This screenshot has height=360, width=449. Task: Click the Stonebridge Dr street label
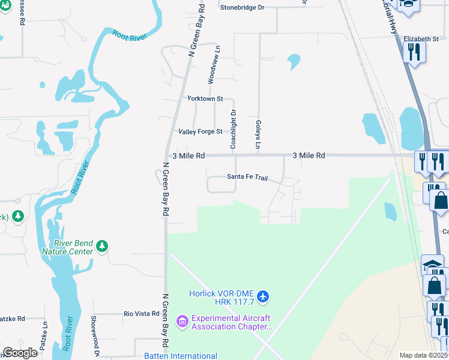[x=242, y=7]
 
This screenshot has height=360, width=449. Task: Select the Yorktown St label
[x=205, y=98]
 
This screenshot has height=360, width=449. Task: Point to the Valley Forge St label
[x=200, y=131]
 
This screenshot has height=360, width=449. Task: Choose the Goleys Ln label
[x=259, y=133]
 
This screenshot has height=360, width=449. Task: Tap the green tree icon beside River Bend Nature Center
[x=103, y=246]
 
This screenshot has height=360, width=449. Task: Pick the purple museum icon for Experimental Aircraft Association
[x=182, y=322]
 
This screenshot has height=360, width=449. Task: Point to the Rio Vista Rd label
[x=141, y=313]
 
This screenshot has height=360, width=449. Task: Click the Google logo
[x=20, y=353]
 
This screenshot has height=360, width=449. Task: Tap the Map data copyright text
[x=424, y=355]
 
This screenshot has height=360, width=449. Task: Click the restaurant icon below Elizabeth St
[x=414, y=52]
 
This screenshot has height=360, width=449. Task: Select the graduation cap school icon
[x=432, y=265]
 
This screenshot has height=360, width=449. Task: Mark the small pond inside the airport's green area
[x=390, y=211]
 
